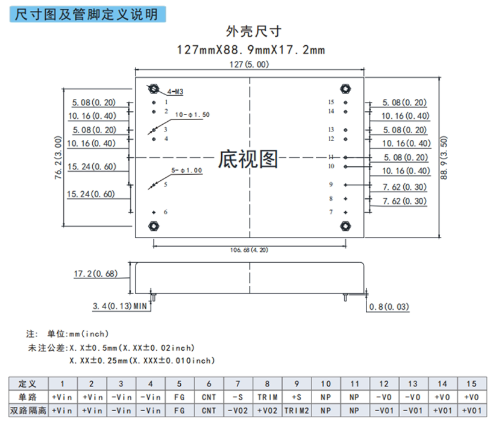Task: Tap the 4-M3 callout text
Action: click(x=175, y=92)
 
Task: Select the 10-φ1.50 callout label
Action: click(x=192, y=114)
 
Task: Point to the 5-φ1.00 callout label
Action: click(x=187, y=171)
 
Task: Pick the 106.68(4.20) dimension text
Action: click(x=248, y=249)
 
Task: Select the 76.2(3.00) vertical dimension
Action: click(x=58, y=158)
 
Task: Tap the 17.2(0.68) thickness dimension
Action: click(x=95, y=274)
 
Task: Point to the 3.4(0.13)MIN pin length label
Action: click(x=120, y=306)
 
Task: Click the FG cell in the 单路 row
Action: click(x=179, y=397)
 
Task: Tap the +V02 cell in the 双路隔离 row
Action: click(x=268, y=411)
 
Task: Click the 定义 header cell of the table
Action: click(x=28, y=384)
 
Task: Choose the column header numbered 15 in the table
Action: click(x=472, y=384)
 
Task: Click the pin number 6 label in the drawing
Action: click(x=166, y=212)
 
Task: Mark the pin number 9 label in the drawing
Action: click(x=331, y=185)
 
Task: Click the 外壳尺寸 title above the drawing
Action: click(x=249, y=31)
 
